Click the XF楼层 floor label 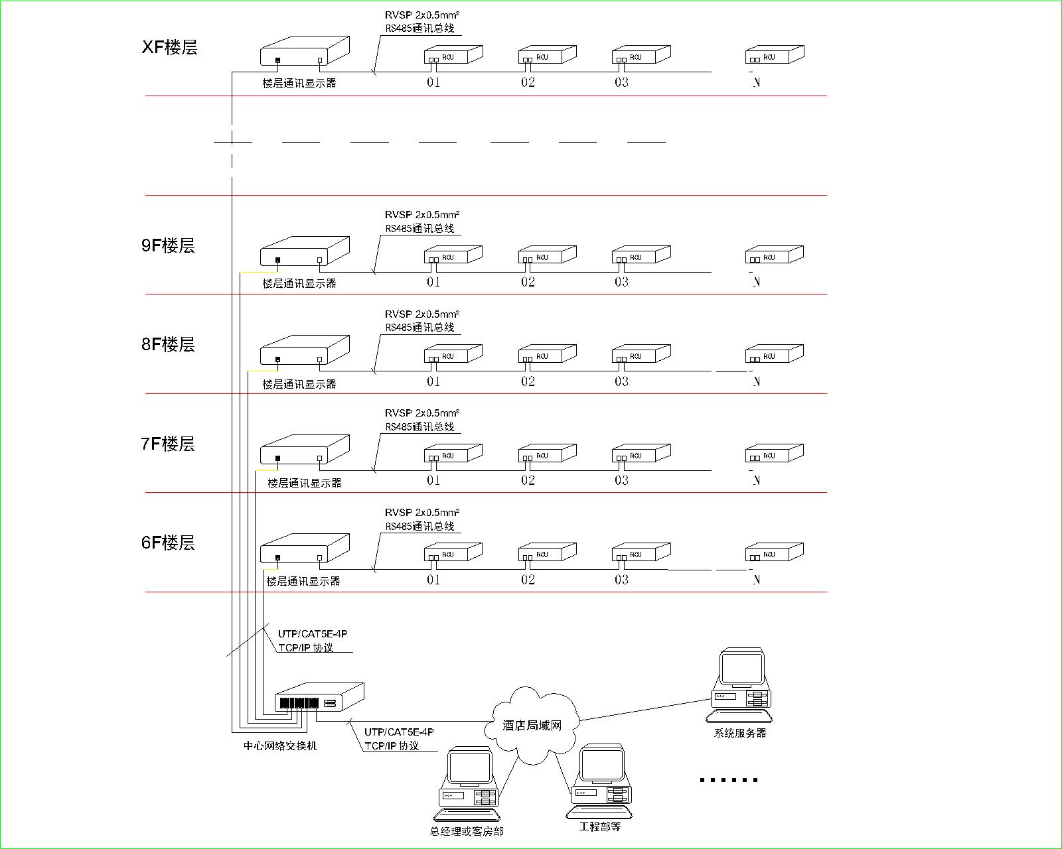click(x=169, y=47)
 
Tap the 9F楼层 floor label click(x=168, y=245)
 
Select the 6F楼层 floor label click(x=168, y=543)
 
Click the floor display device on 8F click(x=304, y=352)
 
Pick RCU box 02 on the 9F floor click(x=547, y=255)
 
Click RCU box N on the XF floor click(x=774, y=55)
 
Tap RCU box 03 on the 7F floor click(x=641, y=454)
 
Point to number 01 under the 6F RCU click(x=433, y=580)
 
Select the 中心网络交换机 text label click(x=280, y=746)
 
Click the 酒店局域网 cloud click(x=532, y=725)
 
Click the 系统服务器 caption click(x=740, y=733)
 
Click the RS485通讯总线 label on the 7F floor click(x=420, y=426)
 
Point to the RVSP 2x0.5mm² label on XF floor click(x=422, y=15)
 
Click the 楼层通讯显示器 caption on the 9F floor click(x=299, y=283)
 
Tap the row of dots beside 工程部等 click(x=729, y=780)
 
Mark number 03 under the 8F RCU click(x=621, y=381)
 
